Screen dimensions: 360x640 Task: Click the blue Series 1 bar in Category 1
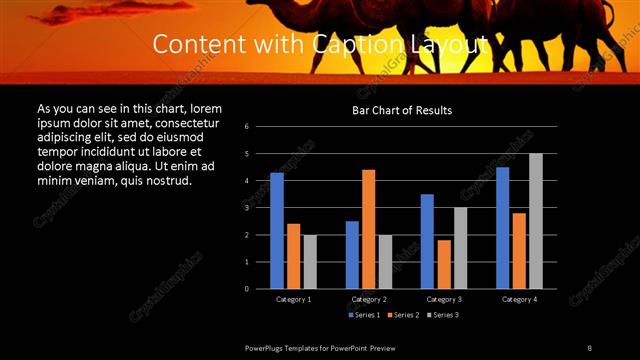277,231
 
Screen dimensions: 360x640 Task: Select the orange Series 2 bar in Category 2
368,229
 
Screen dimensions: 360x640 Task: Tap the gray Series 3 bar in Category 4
536,221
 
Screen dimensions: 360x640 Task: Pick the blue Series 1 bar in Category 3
427,241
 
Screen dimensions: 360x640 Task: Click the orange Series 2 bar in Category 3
444,264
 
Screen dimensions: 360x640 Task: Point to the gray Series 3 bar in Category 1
310,262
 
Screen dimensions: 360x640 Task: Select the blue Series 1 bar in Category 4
502,228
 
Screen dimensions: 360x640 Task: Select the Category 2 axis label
368,299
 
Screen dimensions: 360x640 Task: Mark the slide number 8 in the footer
589,348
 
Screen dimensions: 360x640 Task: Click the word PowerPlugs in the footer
266,348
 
